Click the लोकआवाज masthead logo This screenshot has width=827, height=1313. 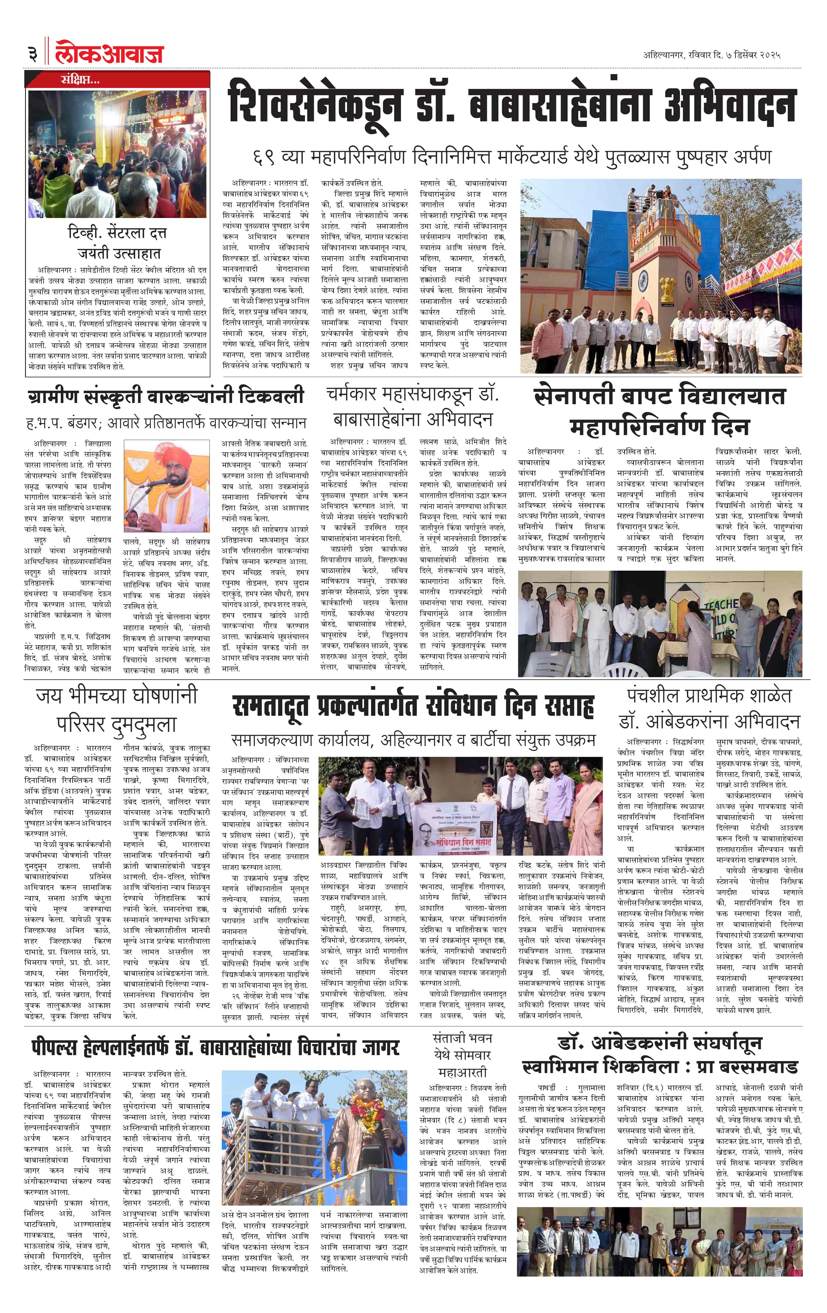point(109,52)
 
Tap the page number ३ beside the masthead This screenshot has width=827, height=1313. point(33,53)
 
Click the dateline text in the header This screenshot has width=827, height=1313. point(711,55)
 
